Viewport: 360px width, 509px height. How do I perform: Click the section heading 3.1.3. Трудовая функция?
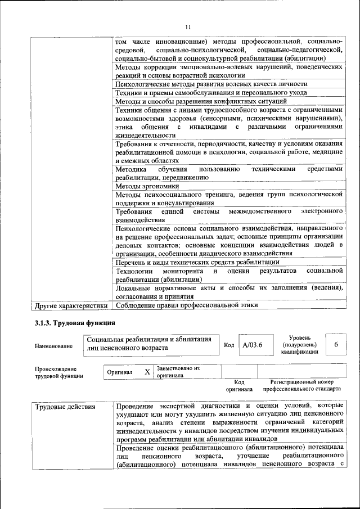click(x=75, y=323)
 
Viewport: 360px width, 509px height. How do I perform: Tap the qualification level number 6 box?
click(x=336, y=344)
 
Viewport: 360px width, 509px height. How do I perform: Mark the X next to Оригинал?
click(x=147, y=372)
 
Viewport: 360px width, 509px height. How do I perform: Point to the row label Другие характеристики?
click(x=71, y=305)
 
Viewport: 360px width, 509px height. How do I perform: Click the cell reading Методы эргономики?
click(x=147, y=186)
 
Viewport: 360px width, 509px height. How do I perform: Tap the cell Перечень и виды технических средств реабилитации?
click(x=197, y=262)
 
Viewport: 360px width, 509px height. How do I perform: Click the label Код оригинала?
click(x=239, y=385)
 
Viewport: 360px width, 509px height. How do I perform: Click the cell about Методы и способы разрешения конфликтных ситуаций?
click(x=201, y=101)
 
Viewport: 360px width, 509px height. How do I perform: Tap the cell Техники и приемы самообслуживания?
click(x=211, y=93)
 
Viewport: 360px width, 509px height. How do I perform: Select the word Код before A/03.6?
click(x=229, y=345)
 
